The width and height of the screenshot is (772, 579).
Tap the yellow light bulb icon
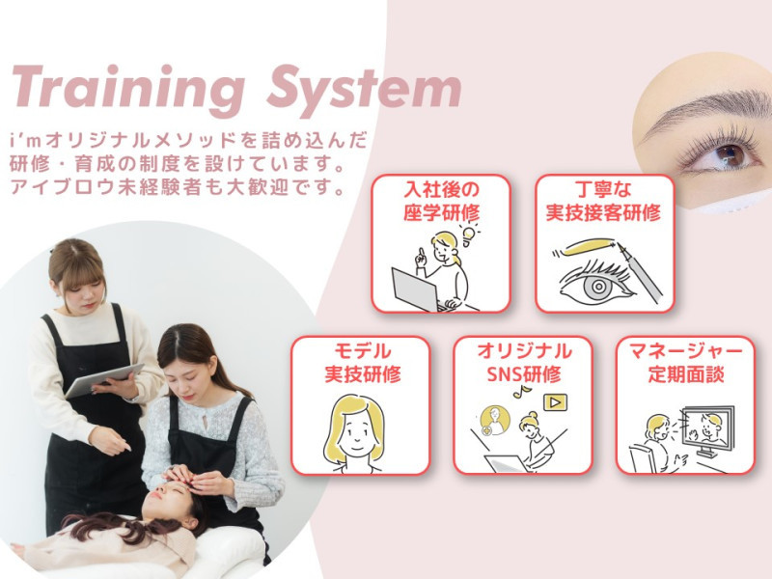click(x=471, y=234)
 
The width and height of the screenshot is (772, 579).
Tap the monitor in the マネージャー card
click(x=710, y=429)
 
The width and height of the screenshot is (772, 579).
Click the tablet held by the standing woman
click(x=103, y=379)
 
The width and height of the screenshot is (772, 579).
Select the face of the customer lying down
click(x=166, y=503)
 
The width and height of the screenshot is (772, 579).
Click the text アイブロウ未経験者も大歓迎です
click(x=178, y=186)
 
